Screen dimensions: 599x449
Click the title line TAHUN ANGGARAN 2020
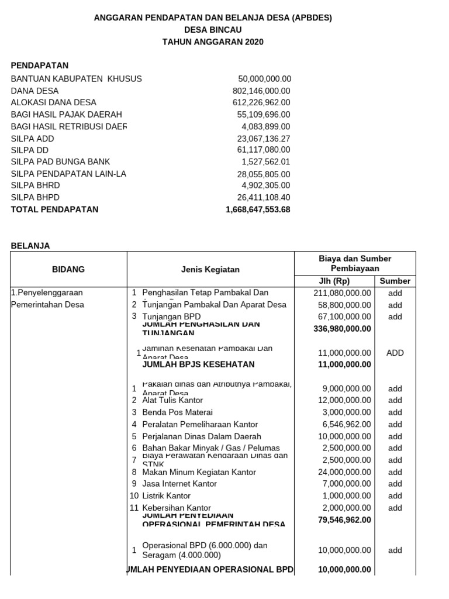pos(213,42)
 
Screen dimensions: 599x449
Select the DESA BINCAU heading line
pos(213,30)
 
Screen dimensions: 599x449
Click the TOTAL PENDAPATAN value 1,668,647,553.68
pos(258,209)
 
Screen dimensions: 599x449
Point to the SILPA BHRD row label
pos(35,185)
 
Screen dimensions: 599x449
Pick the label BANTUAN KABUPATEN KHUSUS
pos(76,78)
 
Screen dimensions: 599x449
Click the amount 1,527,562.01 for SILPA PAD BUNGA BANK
pos(265,162)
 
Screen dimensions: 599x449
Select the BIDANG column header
pos(68,269)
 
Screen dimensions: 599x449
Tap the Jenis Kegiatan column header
pos(210,269)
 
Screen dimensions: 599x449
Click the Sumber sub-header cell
pos(395,281)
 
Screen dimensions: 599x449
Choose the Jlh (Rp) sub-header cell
pos(333,281)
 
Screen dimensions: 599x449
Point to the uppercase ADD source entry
pos(395,353)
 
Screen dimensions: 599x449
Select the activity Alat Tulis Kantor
pos(172,400)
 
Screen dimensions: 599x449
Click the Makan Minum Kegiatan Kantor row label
pos(199,472)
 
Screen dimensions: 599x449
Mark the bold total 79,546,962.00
pos(344,519)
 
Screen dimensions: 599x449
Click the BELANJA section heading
pos(30,246)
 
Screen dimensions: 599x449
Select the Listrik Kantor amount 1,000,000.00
pos(346,496)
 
